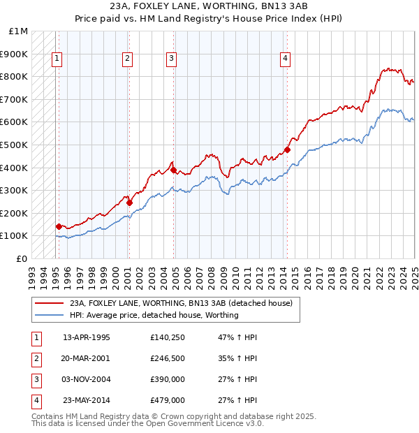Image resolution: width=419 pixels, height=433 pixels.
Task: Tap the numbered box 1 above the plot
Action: [56, 59]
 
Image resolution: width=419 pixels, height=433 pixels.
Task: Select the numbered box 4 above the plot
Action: [286, 59]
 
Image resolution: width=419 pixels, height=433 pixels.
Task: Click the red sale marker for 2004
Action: [173, 170]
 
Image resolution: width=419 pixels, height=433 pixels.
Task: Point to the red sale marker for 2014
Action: [288, 149]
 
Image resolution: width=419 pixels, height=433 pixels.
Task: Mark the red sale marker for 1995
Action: [59, 226]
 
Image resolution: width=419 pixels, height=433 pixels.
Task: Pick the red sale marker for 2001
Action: [129, 203]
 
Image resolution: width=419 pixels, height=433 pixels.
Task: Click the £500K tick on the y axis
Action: [15, 145]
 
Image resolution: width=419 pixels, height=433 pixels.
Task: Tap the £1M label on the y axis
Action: [19, 31]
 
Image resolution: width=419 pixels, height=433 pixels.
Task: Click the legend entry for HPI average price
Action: [154, 315]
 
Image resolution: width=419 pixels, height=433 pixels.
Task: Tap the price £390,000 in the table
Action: [168, 380]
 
